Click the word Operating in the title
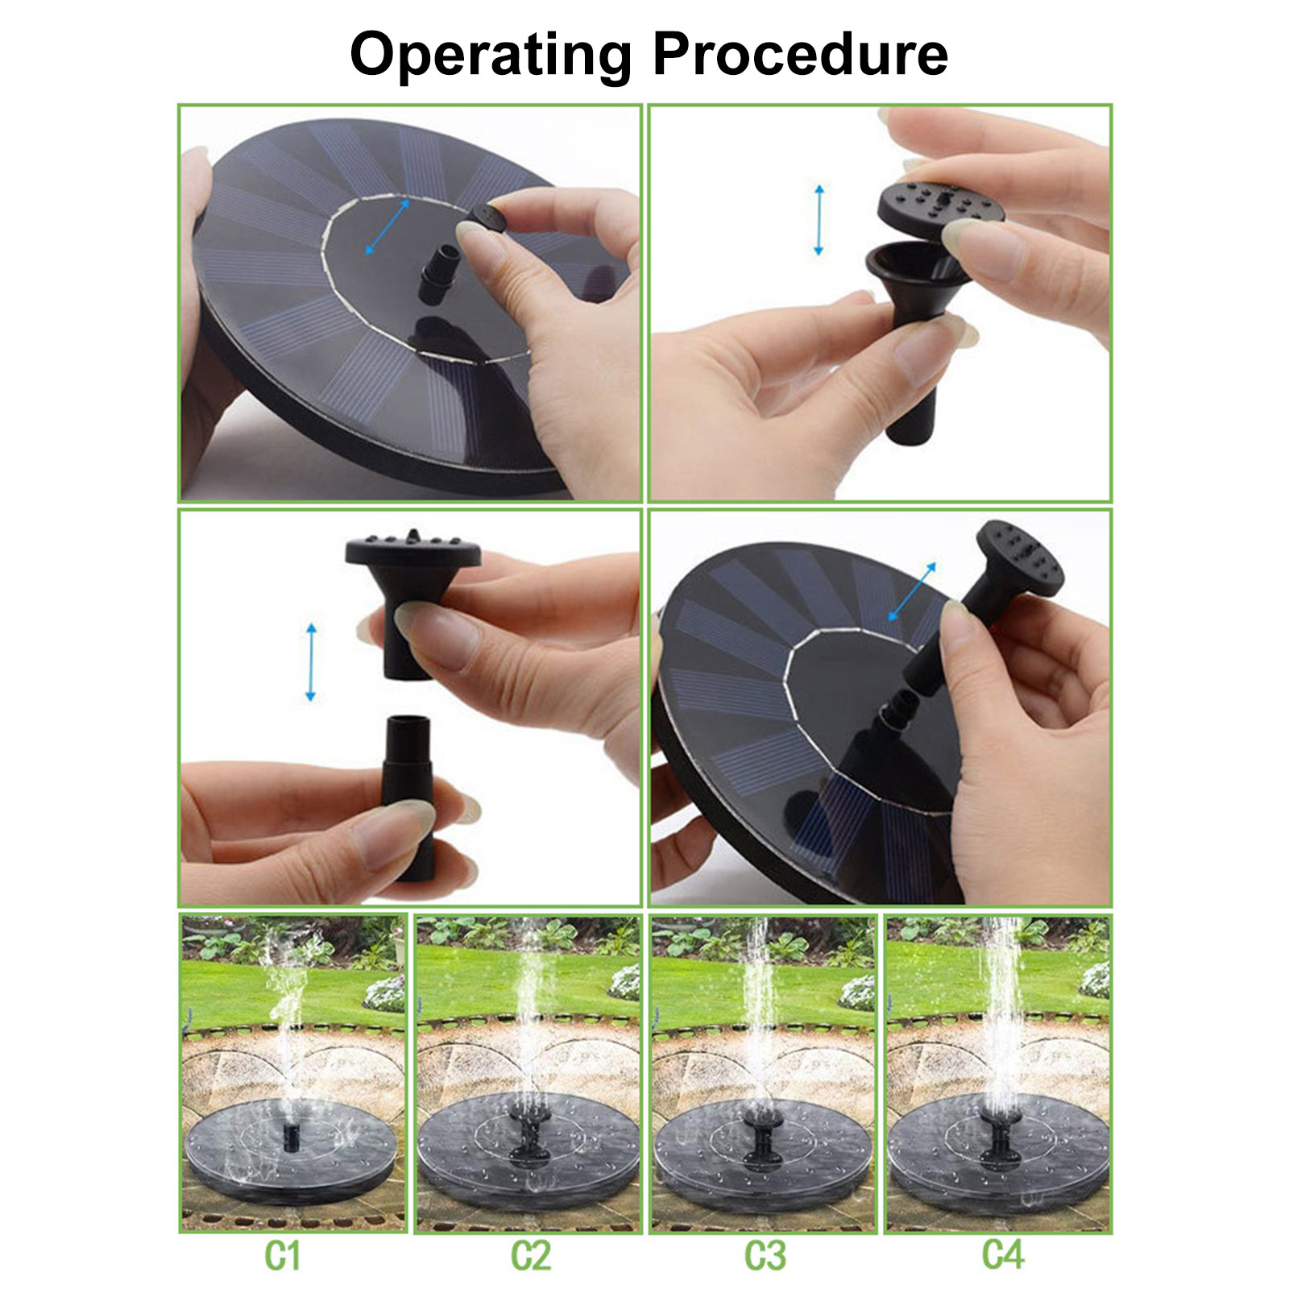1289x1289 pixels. [x=491, y=56]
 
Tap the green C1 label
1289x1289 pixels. [x=282, y=1255]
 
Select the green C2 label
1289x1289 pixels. [x=531, y=1255]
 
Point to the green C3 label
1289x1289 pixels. [x=765, y=1255]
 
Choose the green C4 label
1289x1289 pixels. [x=1002, y=1254]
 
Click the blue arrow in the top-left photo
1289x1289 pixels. [x=388, y=227]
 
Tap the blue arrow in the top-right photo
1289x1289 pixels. [x=819, y=220]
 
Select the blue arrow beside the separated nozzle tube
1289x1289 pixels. [x=311, y=661]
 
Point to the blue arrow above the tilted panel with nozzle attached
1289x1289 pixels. [x=912, y=592]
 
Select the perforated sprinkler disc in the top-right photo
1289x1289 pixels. [x=941, y=205]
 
